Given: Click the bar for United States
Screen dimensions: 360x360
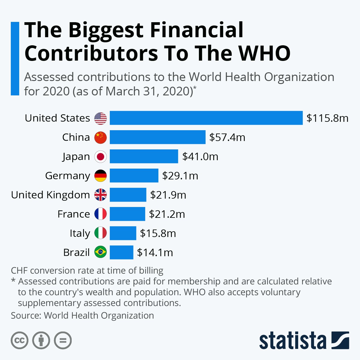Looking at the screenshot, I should pos(206,118).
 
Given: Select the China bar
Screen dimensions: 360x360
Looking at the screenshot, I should pos(157,137).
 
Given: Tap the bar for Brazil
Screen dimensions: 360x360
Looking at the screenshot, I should pos(121,252).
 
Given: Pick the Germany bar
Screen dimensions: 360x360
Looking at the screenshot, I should pos(134,175).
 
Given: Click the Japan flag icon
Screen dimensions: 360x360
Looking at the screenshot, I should pos(100,157).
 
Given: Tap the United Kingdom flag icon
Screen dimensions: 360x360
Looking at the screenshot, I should pos(100,195).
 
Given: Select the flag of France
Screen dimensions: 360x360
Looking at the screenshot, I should pos(100,214).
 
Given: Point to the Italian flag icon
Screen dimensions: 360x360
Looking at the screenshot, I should pos(100,233).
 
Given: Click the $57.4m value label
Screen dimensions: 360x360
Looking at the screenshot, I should pos(227,137).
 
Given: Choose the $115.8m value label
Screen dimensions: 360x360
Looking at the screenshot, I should pos(327,118).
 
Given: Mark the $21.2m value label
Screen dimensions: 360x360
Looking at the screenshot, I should pos(167,214).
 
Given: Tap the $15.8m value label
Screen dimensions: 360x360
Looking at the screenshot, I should pos(158,233).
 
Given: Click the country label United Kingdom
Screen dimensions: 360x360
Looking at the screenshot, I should pos(50,195).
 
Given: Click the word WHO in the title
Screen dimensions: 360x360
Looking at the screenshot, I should pos(264,53).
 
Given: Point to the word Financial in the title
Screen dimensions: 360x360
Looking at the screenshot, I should pos(197,30).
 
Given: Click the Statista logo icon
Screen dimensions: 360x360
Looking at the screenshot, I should pos(340,340).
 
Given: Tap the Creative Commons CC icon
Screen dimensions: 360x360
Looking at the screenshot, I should pos(19,340).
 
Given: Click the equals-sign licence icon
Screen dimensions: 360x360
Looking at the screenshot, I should pos(63,340).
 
